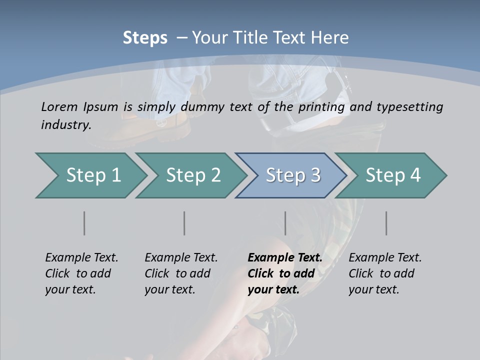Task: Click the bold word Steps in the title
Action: pyautogui.click(x=145, y=37)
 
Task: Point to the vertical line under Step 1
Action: pyautogui.click(x=84, y=223)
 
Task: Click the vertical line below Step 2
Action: pyautogui.click(x=184, y=223)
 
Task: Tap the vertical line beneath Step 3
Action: pyautogui.click(x=285, y=223)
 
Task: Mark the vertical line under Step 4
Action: pyautogui.click(x=386, y=223)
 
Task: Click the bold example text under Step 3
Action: pyautogui.click(x=284, y=273)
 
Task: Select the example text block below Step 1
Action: pyautogui.click(x=81, y=273)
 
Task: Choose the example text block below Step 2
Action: pyautogui.click(x=181, y=273)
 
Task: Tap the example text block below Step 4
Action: pyautogui.click(x=385, y=273)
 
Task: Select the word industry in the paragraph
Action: pyautogui.click(x=65, y=124)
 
